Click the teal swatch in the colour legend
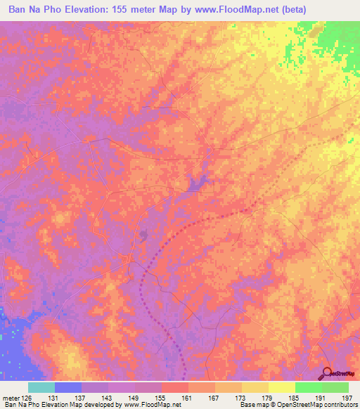(41, 387)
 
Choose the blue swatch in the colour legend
(67, 387)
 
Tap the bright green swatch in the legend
(308, 387)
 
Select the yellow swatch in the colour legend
(281, 387)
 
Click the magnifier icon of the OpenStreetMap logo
(327, 372)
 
